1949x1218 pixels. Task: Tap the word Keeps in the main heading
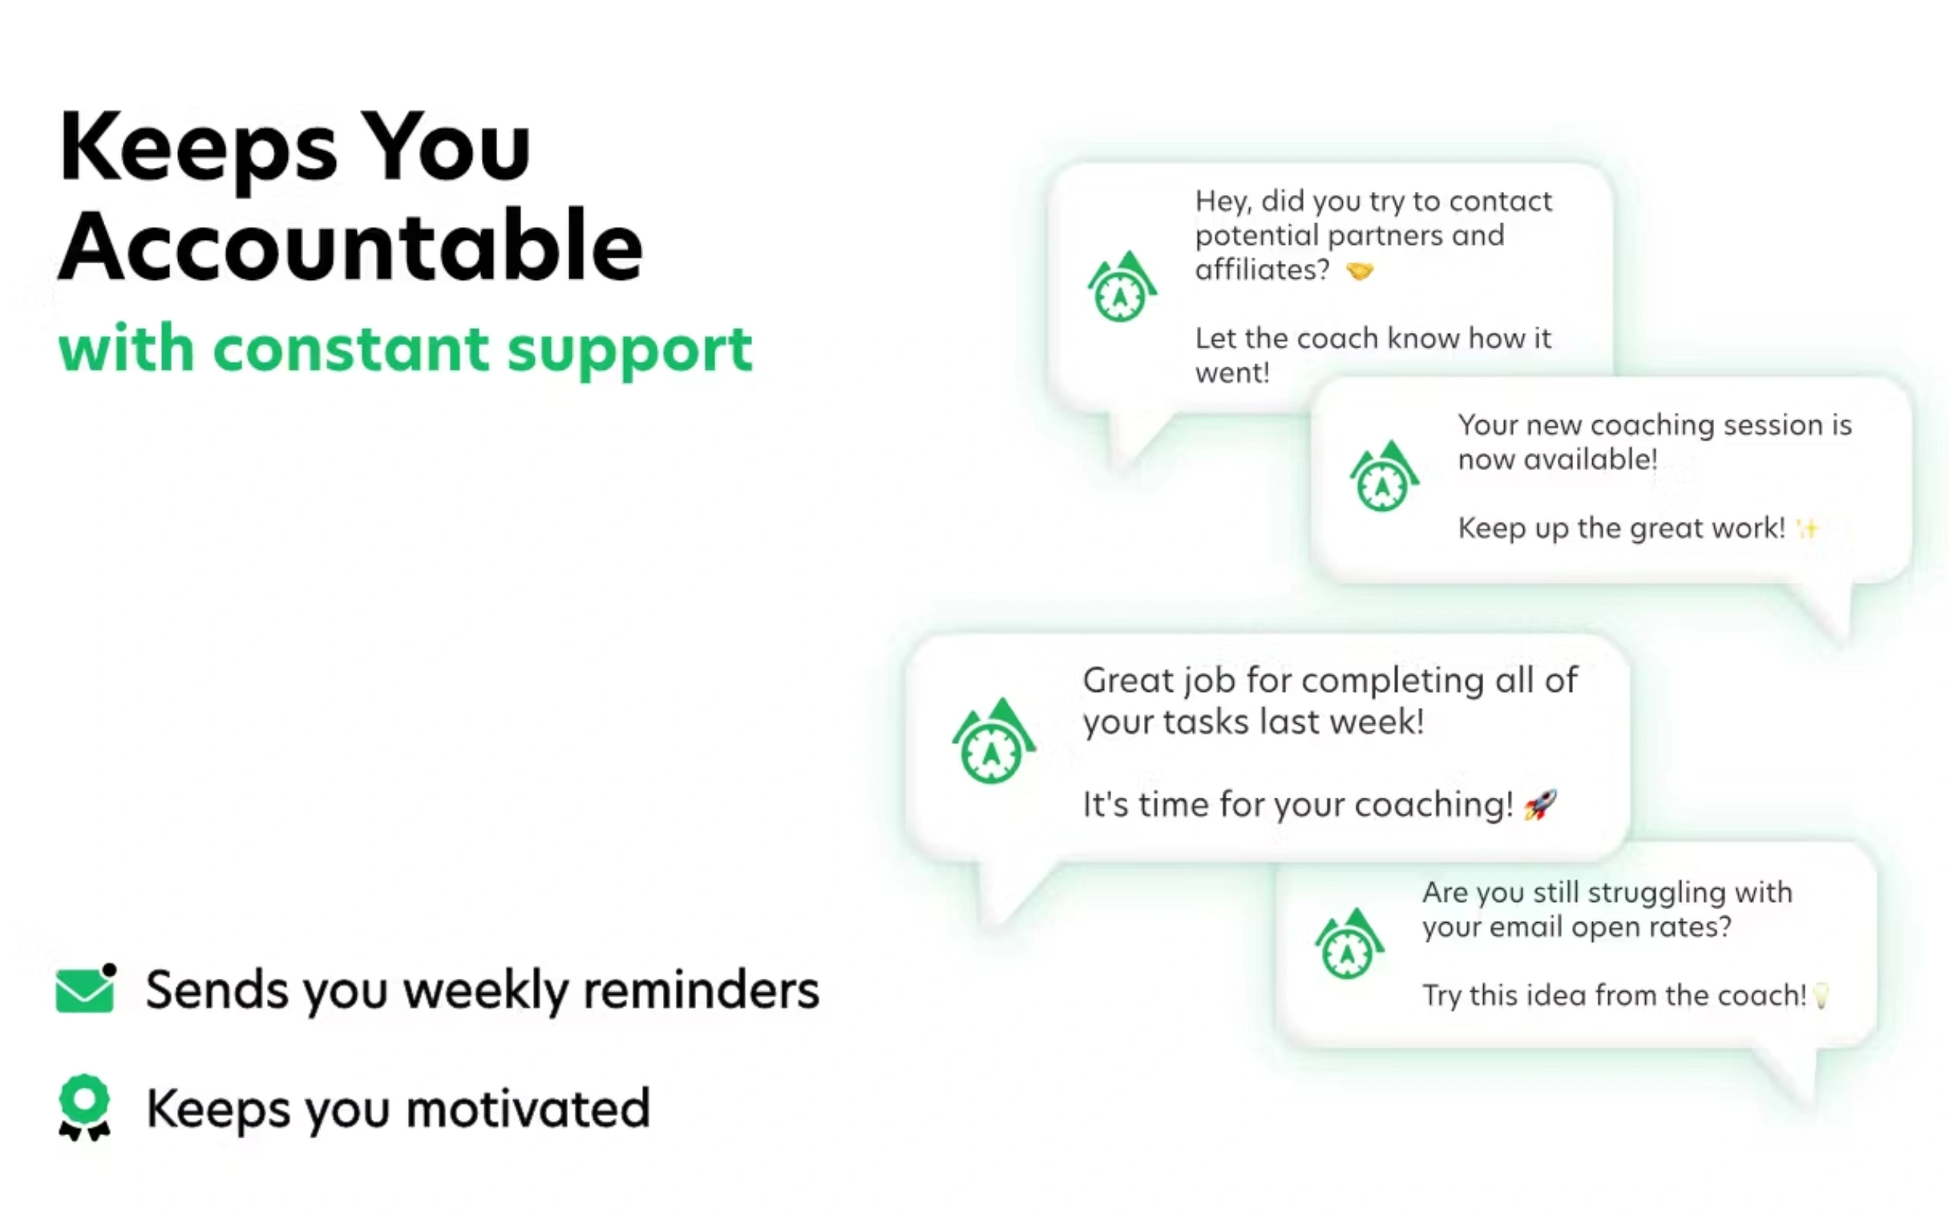[197, 149]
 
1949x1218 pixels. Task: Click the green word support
[630, 353]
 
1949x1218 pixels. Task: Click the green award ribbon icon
[84, 1107]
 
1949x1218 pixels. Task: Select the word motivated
[528, 1108]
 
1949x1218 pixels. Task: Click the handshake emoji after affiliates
[1359, 272]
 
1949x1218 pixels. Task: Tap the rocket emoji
[1540, 805]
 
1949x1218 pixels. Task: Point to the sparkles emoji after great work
[1807, 528]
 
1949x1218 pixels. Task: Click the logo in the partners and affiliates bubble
[1123, 287]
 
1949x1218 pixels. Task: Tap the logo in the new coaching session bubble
[1384, 476]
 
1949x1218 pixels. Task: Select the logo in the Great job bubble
[994, 741]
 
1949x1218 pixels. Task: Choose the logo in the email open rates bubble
[1350, 943]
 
